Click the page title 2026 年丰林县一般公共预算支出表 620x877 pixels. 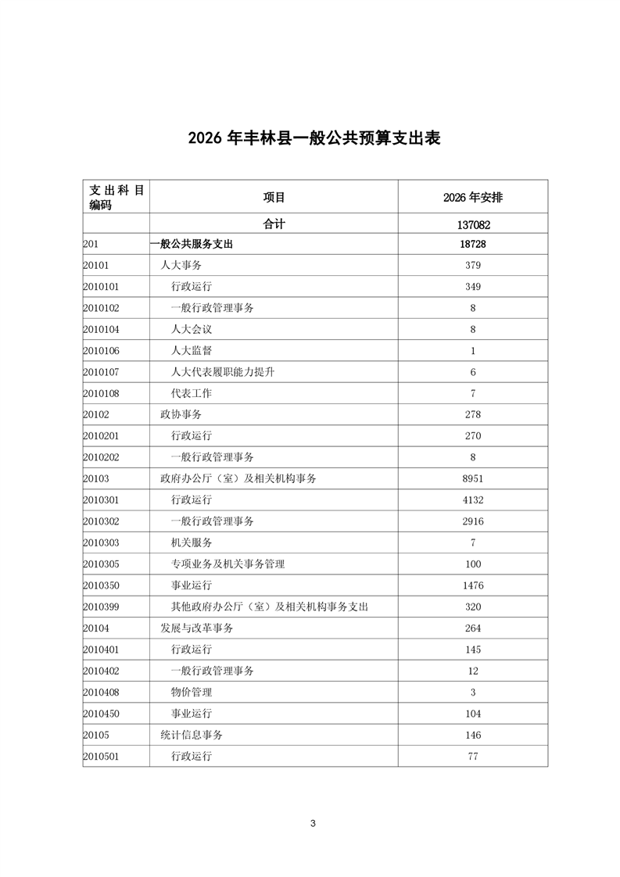pyautogui.click(x=314, y=138)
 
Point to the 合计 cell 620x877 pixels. pyautogui.click(x=274, y=224)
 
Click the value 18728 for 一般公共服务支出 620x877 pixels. pyautogui.click(x=473, y=245)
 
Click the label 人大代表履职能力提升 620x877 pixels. pyautogui.click(x=223, y=372)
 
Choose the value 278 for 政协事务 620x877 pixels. pyautogui.click(x=473, y=415)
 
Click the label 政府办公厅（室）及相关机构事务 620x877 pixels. pyautogui.click(x=238, y=478)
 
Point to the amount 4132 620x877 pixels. pyautogui.click(x=473, y=500)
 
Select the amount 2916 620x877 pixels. pyautogui.click(x=473, y=521)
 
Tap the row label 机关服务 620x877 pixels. pyautogui.click(x=192, y=542)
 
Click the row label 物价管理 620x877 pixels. pyautogui.click(x=192, y=693)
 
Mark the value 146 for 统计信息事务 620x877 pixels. pyautogui.click(x=473, y=736)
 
